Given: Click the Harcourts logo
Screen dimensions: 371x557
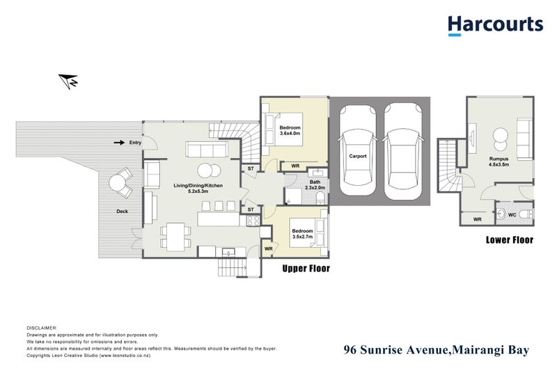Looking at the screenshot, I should coord(495,25).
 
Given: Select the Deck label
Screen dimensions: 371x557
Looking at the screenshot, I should coord(122,211).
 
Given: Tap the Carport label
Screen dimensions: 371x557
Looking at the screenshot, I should coord(358,157).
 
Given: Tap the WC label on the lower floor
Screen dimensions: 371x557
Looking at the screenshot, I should coord(512,214).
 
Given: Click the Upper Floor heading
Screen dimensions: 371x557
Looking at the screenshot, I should coord(306,268).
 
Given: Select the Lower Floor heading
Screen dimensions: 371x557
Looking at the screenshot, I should coord(509,240).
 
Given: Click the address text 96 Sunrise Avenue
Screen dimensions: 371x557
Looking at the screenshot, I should coord(394,350).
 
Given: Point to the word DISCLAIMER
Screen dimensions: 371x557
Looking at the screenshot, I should coord(42,327).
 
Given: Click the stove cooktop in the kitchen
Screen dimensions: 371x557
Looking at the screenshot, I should coord(253,221).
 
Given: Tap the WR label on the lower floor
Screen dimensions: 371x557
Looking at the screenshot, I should coord(478,219).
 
